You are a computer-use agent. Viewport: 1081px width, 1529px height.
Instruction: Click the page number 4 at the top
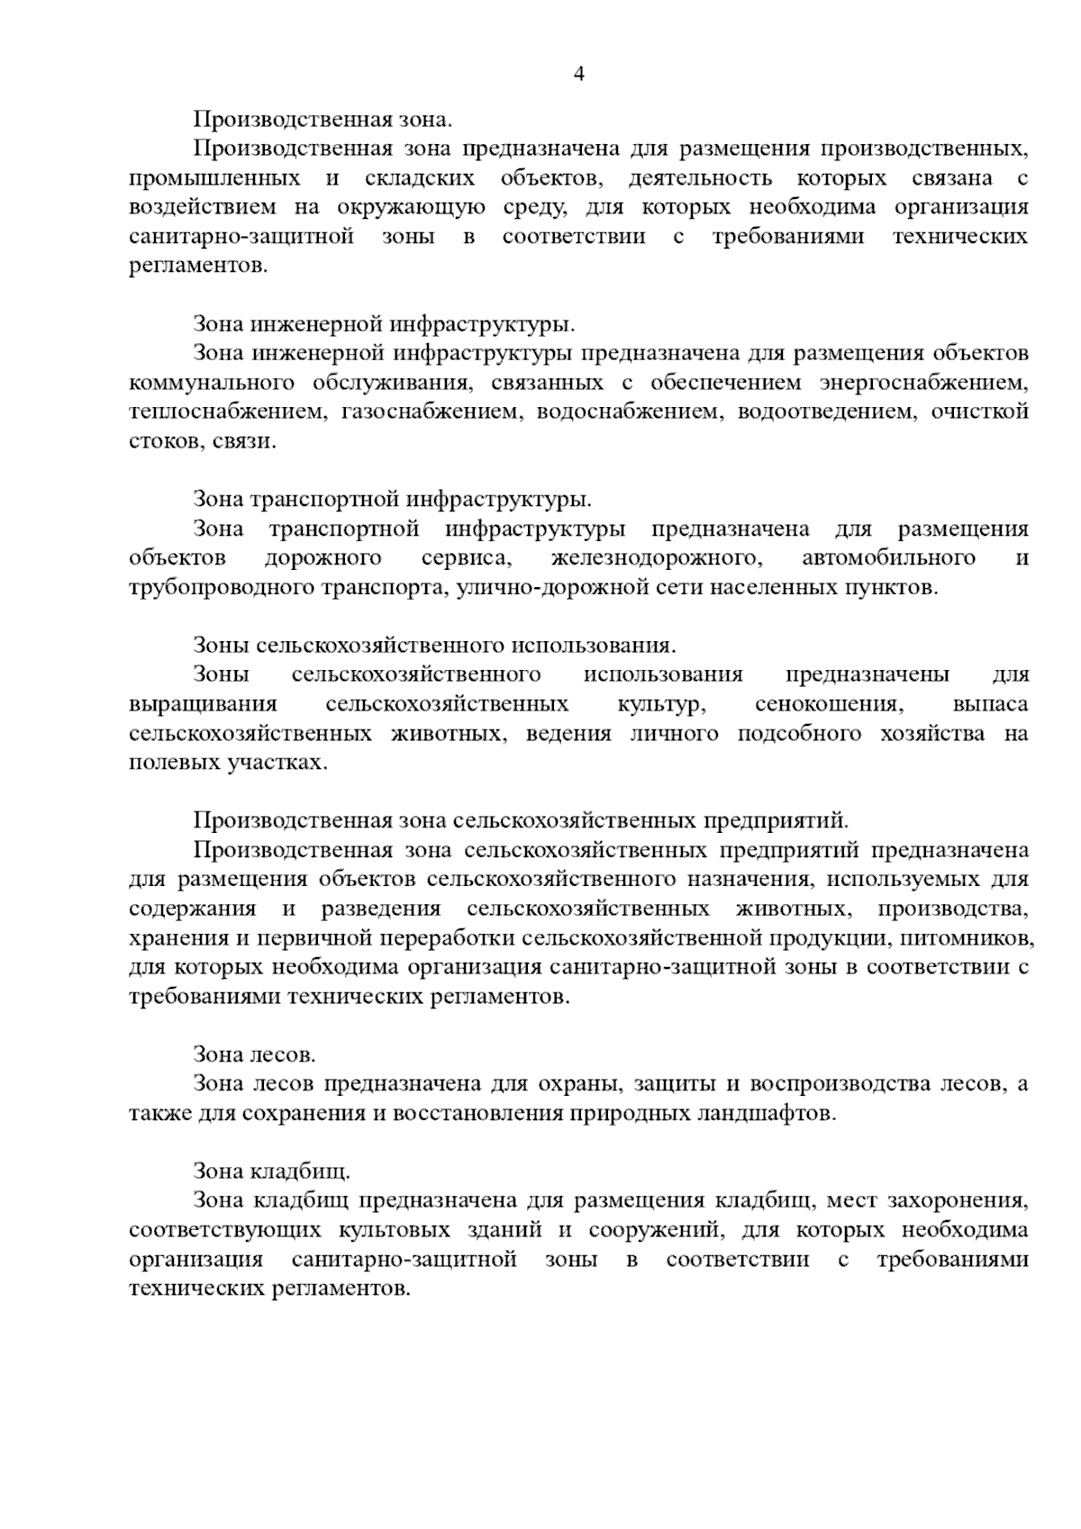[579, 74]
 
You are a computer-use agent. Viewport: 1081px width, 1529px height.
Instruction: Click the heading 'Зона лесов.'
[254, 1053]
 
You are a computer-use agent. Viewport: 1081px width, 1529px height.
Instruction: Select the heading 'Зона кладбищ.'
[271, 1171]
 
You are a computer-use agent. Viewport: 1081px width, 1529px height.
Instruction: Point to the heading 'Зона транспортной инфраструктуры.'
[392, 498]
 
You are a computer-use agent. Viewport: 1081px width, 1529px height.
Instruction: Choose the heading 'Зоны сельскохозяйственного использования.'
[434, 645]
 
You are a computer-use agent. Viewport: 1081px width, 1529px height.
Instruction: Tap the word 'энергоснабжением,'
[923, 383]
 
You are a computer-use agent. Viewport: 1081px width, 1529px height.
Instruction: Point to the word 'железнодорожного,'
[658, 557]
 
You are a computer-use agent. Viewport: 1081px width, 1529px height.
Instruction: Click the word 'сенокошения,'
[826, 703]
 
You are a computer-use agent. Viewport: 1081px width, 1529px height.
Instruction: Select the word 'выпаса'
[990, 703]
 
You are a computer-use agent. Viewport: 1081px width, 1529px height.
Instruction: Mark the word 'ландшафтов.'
[768, 1112]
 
